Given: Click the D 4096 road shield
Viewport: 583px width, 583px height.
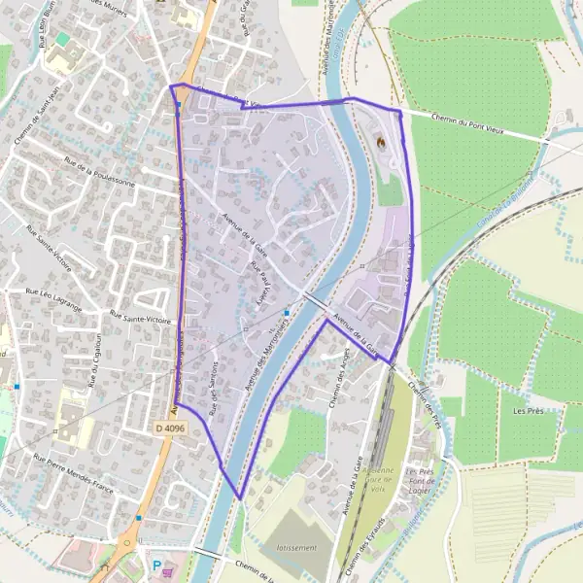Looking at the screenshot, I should pos(169,428).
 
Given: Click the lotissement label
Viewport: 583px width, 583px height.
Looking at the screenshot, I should pos(296,548).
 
